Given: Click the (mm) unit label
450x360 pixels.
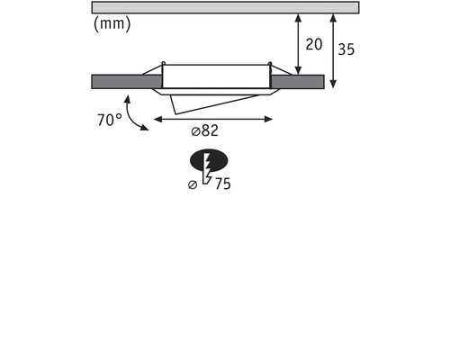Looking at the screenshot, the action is pos(112,24).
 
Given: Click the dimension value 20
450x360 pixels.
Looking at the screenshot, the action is pos(314,44).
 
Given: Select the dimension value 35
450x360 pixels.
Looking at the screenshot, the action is pos(346,49).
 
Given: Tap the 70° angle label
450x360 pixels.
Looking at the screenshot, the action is pos(110,120).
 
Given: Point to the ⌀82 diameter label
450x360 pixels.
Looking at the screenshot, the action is pos(205,130).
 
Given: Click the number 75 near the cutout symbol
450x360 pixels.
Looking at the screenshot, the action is pos(223,184).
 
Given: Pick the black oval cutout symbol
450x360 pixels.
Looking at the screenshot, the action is pos(209,160).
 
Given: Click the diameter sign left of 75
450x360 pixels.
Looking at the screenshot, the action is pos(193,184).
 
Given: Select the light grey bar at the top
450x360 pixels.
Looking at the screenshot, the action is pos(225,7).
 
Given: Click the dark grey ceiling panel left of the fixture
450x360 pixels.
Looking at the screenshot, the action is pos(127,82).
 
